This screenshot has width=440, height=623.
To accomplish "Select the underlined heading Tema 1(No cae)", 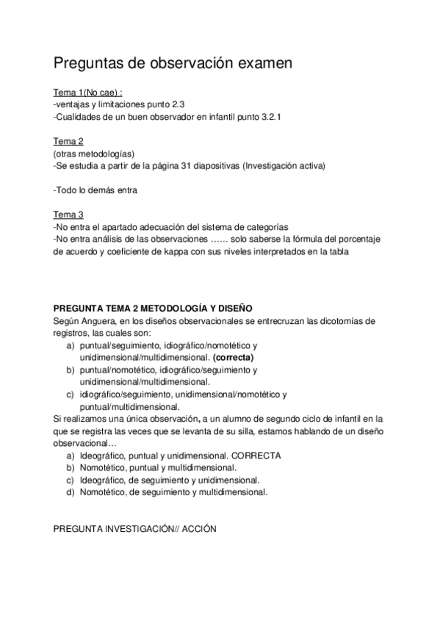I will (87, 93).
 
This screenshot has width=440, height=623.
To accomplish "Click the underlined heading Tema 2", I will (68, 141).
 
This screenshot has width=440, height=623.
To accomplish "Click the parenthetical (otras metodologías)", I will (93, 154).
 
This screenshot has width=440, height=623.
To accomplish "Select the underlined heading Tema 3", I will (68, 214).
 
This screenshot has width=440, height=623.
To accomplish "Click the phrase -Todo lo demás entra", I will (95, 190).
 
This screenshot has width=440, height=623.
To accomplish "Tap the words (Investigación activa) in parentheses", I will (283, 165).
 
